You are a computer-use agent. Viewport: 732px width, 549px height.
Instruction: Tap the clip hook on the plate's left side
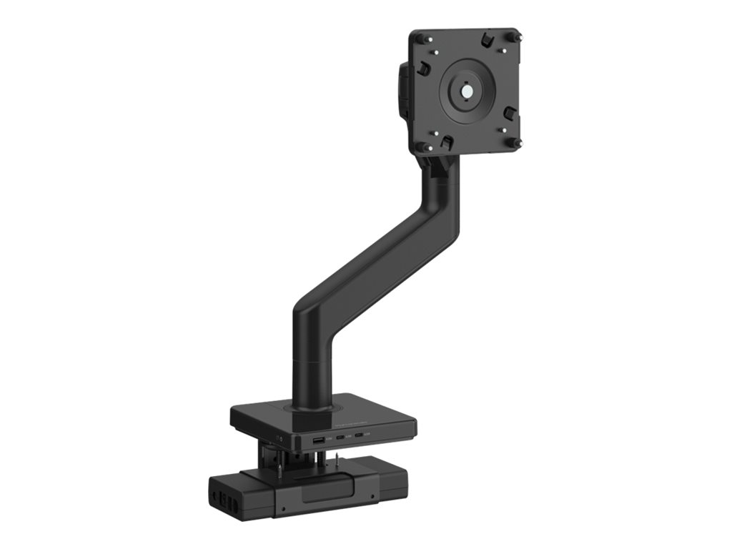423,68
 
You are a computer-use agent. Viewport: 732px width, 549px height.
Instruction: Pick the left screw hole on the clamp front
284,508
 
